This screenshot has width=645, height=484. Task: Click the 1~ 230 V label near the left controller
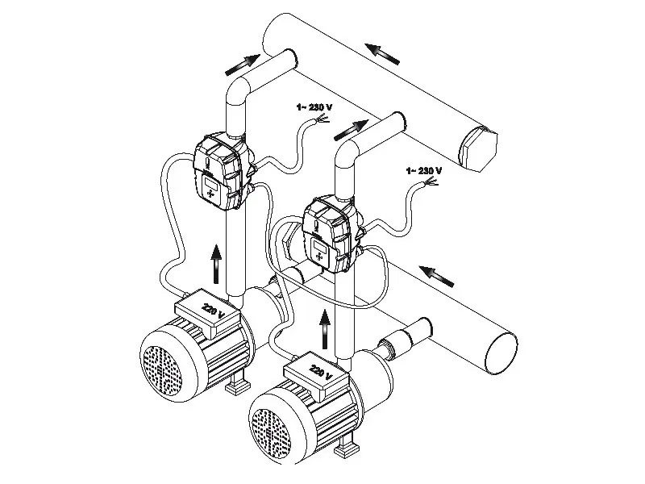pyautogui.click(x=314, y=107)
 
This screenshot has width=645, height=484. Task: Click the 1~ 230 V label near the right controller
pyautogui.click(x=424, y=170)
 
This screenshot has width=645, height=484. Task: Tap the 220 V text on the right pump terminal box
pyautogui.click(x=320, y=372)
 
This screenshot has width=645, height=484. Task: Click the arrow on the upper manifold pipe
pyautogui.click(x=382, y=53)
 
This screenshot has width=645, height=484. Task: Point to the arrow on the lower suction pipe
pyautogui.click(x=437, y=276)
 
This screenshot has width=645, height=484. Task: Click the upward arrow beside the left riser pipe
pyautogui.click(x=216, y=264)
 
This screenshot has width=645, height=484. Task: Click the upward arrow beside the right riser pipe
pyautogui.click(x=325, y=329)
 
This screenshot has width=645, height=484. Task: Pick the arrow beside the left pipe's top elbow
pyautogui.click(x=243, y=65)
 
